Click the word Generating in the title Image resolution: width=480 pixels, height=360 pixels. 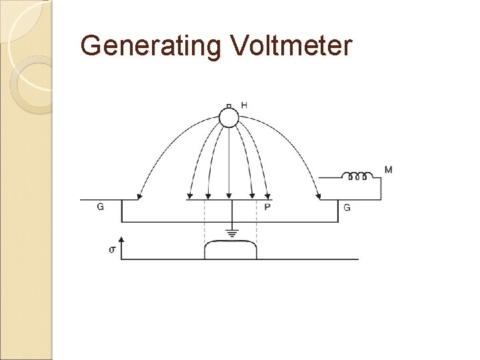151,46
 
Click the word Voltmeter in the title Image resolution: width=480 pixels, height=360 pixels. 291,46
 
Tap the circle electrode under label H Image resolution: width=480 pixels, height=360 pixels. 229,118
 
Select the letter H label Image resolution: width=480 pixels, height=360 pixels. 244,105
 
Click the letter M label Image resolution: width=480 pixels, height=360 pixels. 388,170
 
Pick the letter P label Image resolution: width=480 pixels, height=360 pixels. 267,207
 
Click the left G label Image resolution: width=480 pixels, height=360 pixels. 100,207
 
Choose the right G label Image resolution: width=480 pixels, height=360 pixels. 347,208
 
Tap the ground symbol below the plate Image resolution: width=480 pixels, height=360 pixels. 231,233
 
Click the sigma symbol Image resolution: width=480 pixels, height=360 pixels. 112,249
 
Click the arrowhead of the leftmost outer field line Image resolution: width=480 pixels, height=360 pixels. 139,196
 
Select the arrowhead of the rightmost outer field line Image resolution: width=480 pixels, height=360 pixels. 318,196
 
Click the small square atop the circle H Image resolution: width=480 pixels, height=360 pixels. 229,105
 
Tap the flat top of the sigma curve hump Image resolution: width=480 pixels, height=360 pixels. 230,243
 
